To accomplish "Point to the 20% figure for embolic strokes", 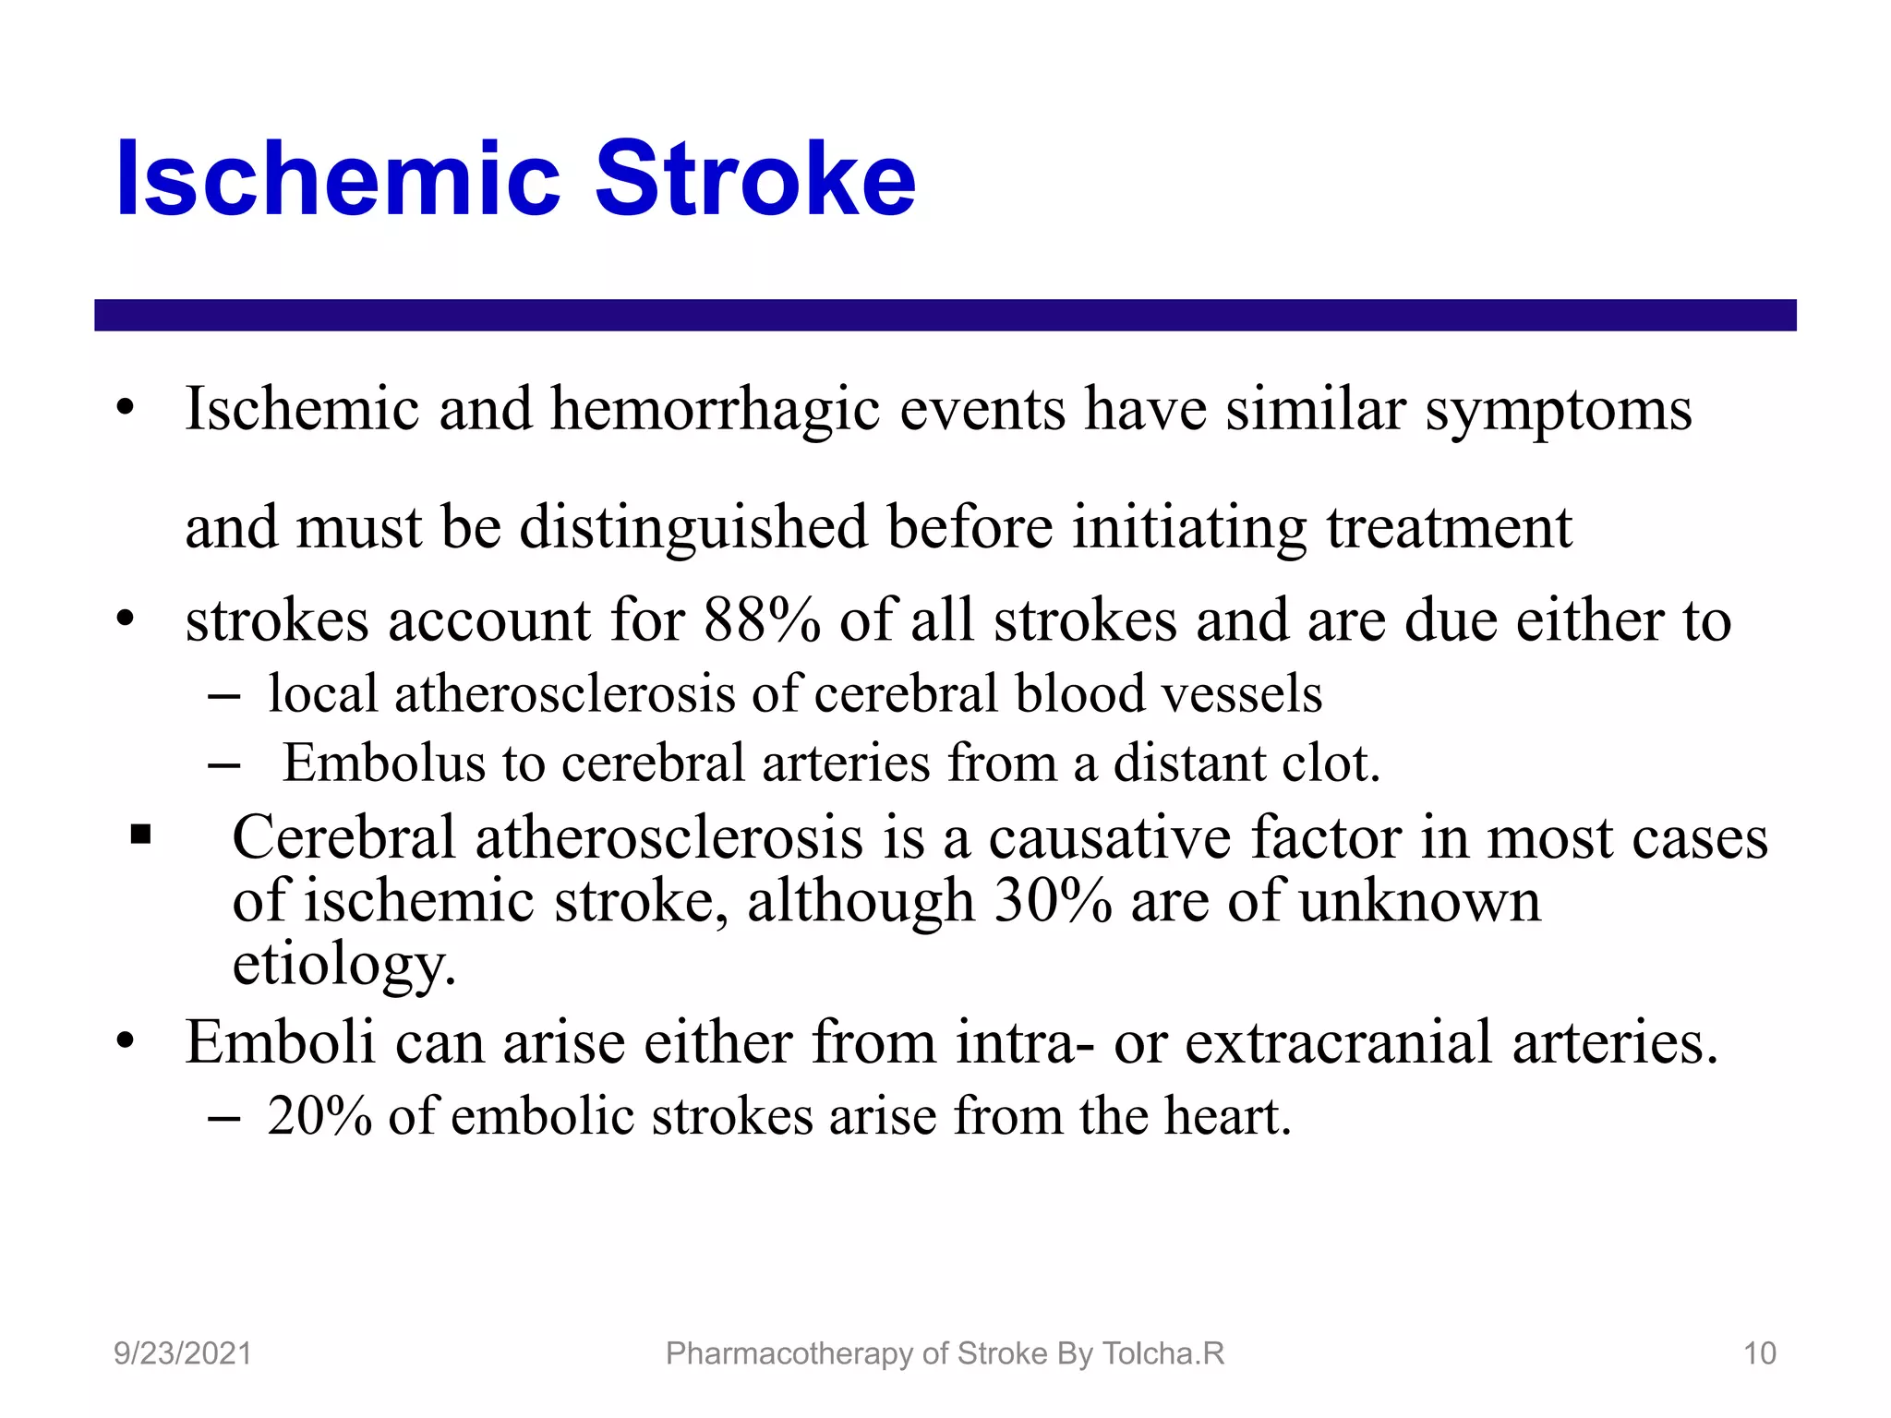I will [319, 1116].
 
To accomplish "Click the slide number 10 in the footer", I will [1759, 1353].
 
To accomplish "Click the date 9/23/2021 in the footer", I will [183, 1353].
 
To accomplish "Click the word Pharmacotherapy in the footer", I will [790, 1353].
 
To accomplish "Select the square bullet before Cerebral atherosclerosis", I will [140, 835].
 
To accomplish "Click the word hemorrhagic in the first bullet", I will [715, 409].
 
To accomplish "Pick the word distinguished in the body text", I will [693, 527].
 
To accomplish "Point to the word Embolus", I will [383, 763].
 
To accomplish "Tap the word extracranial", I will [1338, 1042].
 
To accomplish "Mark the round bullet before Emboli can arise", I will [126, 1042].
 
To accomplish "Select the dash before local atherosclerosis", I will [224, 695].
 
